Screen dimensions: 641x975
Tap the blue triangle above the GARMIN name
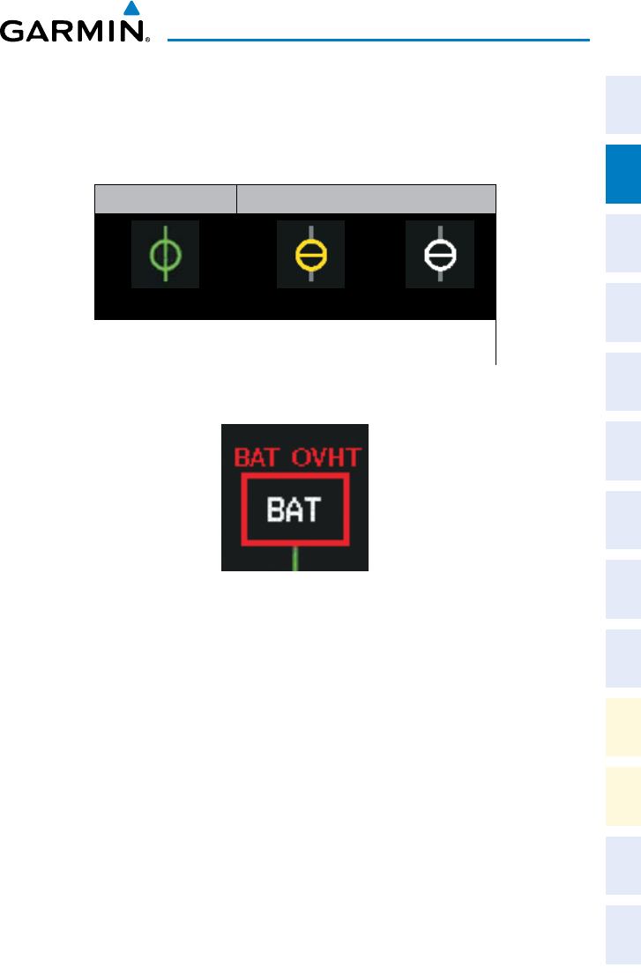point(132,9)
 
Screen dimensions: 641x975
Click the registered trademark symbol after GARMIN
point(146,39)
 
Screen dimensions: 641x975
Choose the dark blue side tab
point(622,175)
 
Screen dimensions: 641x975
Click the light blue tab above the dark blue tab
point(622,106)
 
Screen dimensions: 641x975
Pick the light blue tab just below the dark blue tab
point(622,243)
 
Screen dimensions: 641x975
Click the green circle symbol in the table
point(165,255)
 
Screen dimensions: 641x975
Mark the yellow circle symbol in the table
point(310,255)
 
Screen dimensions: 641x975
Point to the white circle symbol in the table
point(439,255)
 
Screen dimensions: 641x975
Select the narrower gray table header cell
point(165,198)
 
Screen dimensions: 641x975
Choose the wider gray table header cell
point(365,198)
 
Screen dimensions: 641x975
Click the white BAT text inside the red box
point(294,510)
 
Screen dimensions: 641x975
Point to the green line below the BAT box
point(294,558)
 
